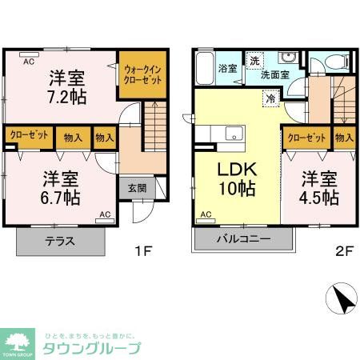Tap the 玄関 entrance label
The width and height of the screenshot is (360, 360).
pos(136,189)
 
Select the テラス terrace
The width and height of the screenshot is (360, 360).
pos(61,242)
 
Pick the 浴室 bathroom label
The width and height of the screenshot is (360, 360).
pos(227,69)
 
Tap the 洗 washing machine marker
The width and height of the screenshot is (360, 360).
pos(254,61)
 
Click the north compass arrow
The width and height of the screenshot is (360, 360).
pos(342,302)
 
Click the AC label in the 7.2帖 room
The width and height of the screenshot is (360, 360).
pos(28,61)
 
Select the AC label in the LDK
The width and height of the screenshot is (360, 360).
pos(206,214)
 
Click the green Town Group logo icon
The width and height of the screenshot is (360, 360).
pos(19,342)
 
